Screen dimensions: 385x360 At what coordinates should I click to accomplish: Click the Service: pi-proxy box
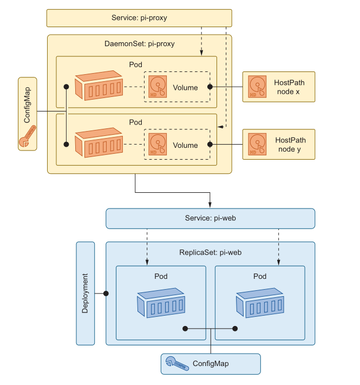click(x=139, y=18)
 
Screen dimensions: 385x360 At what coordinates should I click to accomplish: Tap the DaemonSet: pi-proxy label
click(x=139, y=44)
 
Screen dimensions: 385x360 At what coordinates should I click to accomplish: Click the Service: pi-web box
click(x=210, y=218)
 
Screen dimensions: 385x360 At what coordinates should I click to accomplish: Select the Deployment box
click(x=86, y=293)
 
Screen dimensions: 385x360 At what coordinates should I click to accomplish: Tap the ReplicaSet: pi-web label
click(x=210, y=252)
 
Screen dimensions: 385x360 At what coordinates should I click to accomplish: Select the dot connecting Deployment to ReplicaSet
click(x=106, y=293)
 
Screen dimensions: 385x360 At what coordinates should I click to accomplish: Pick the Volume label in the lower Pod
click(x=185, y=145)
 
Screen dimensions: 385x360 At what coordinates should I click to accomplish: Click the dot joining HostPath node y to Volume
click(x=210, y=145)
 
